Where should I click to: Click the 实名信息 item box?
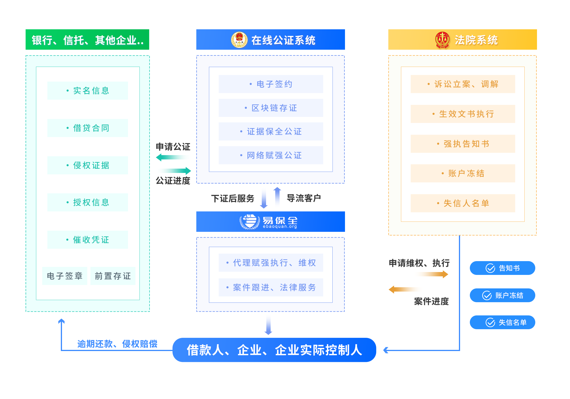tap(88, 90)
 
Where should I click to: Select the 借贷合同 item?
tap(88, 128)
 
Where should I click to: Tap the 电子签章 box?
tap(65, 276)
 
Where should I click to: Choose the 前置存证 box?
tap(113, 276)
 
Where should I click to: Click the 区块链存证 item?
tap(271, 108)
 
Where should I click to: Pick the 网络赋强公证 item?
tap(271, 155)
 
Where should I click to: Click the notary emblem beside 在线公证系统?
tap(239, 40)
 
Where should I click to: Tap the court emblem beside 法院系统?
tap(442, 40)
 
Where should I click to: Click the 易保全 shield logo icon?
tap(249, 221)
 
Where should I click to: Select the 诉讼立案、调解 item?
tap(463, 84)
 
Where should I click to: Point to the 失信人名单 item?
tap(463, 203)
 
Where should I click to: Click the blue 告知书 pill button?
tap(502, 268)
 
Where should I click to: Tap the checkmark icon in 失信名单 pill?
tap(490, 322)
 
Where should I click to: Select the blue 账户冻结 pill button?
tap(502, 295)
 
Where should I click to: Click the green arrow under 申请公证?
tap(173, 157)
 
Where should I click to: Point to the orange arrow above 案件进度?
tap(405, 289)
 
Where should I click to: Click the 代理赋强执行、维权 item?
tap(271, 263)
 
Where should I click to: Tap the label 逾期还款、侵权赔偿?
tap(117, 344)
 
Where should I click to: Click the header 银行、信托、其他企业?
tap(87, 40)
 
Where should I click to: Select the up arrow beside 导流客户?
tap(277, 196)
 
